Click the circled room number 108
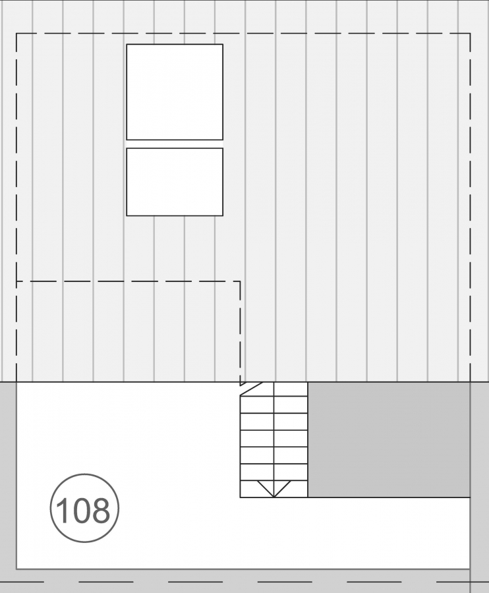[84, 508]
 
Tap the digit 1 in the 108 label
[64, 510]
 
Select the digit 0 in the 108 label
[82, 510]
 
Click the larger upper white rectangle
[175, 92]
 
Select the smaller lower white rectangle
[175, 182]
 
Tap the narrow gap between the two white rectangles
[175, 144]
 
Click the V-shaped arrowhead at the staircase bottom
[274, 488]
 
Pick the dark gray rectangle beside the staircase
[389, 439]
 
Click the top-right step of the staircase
[291, 389]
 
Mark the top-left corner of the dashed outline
[16, 34]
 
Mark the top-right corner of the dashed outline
[470, 34]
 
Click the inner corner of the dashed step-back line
[240, 282]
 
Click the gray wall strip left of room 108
[7, 474]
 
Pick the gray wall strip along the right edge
[479, 474]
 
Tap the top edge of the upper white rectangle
[175, 44]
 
